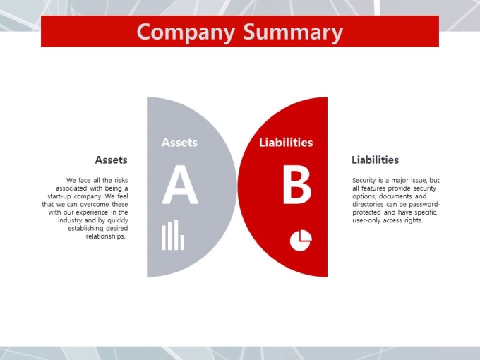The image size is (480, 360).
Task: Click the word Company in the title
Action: pos(186,32)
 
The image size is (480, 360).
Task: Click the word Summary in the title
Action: pos(293,32)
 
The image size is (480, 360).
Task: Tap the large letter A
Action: pos(180,185)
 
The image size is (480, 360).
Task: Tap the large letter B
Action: pos(297,185)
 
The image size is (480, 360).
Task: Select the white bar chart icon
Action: pos(173,235)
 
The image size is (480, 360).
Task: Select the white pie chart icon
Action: pos(301,241)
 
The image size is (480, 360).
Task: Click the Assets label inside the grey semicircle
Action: pos(179,143)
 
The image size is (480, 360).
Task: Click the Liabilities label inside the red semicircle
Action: pos(286,143)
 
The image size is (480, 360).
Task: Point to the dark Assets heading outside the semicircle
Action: pos(111,160)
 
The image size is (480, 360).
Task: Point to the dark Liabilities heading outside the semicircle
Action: pos(375,160)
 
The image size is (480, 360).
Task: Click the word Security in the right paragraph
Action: pos(364,180)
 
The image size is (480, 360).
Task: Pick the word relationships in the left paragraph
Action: pos(106,236)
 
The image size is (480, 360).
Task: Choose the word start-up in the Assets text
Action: pos(59,196)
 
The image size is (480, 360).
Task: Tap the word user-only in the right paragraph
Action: pos(366,220)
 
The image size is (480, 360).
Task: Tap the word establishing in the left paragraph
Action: pos(85,229)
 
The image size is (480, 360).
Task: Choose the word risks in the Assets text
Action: pos(121,180)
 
